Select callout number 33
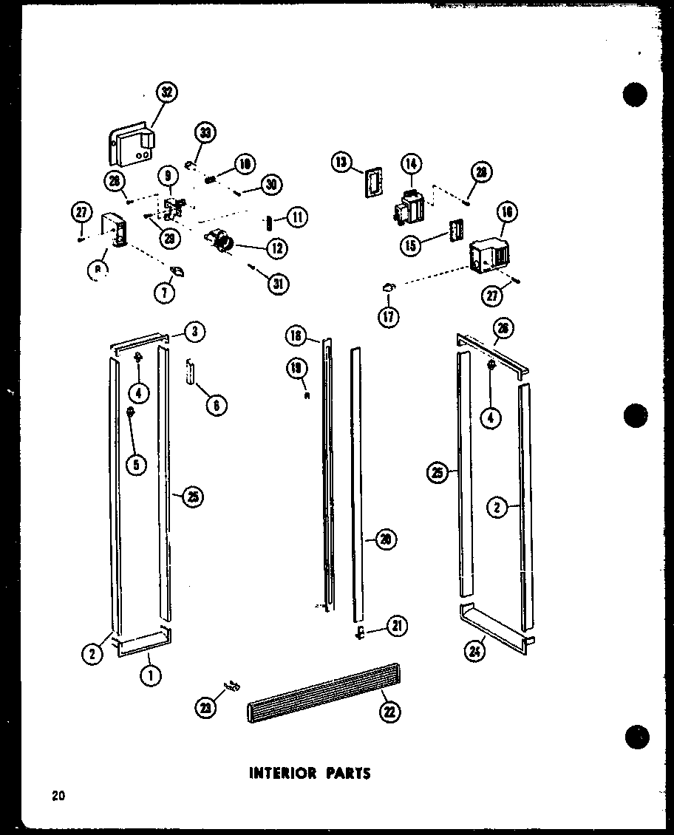pos(205,134)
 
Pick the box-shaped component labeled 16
pos(486,255)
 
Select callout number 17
pos(388,316)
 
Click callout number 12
pos(277,249)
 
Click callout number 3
pos(194,332)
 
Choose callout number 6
pos(216,405)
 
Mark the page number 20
pos(58,796)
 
